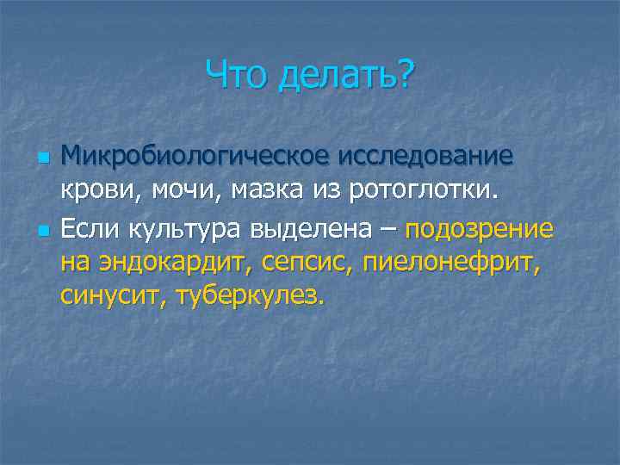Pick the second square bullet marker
[x=40, y=231]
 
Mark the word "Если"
[x=91, y=230]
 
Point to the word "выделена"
[x=313, y=230]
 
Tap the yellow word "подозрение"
[x=479, y=230]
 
